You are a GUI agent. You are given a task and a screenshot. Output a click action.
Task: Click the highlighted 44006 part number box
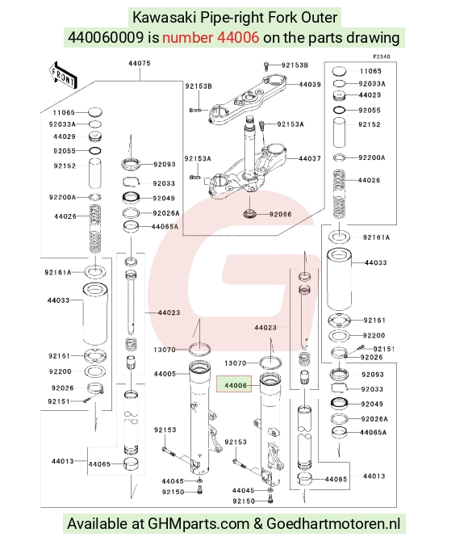[234, 384]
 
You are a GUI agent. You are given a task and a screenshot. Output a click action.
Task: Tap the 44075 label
[140, 64]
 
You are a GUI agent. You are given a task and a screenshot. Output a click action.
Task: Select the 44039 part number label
[310, 85]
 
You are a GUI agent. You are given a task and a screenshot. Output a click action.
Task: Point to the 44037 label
[310, 159]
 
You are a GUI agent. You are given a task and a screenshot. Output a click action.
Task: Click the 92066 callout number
[280, 215]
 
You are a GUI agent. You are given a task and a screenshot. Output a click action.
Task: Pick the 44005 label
[165, 374]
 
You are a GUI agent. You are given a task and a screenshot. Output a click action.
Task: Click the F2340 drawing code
[382, 57]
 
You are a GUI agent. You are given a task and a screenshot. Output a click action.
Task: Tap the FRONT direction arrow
[63, 76]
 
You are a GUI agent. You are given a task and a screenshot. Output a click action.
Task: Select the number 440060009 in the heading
[106, 37]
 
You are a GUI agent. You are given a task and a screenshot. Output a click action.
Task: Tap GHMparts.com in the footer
[198, 524]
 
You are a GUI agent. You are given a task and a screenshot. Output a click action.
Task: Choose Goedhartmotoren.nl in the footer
[333, 524]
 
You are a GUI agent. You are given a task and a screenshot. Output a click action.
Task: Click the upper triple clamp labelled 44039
[248, 99]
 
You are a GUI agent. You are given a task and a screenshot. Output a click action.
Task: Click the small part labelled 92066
[249, 214]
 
